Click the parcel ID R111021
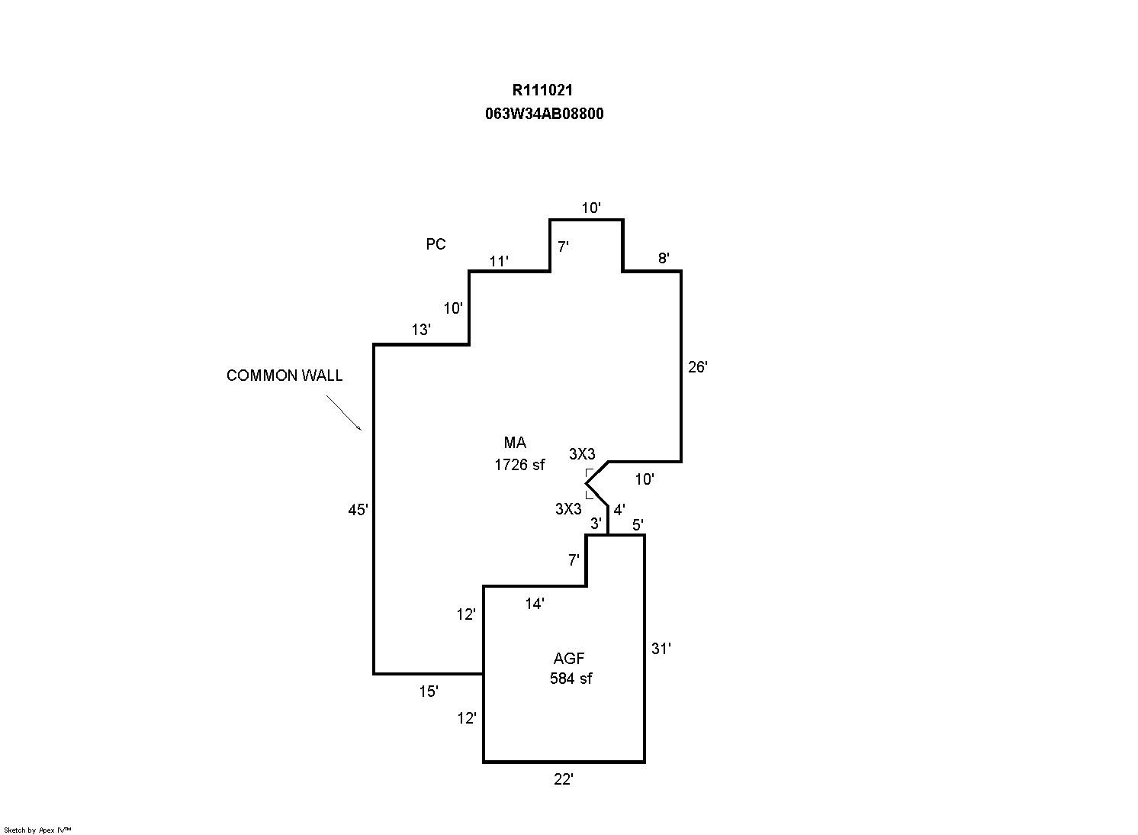[x=542, y=90]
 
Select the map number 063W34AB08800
[x=544, y=114]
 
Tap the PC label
[x=436, y=244]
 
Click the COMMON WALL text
[x=284, y=376]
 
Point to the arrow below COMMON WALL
[x=344, y=413]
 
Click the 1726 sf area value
[x=519, y=464]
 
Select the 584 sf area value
[x=571, y=678]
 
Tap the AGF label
[x=569, y=659]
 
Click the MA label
[x=515, y=443]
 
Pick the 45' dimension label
[x=358, y=511]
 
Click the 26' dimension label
[x=697, y=367]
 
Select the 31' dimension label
[x=661, y=649]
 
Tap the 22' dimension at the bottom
[x=563, y=779]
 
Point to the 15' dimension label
[x=429, y=692]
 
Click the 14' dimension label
[x=535, y=604]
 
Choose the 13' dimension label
[x=421, y=330]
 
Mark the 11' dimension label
[x=499, y=262]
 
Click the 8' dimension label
[x=664, y=258]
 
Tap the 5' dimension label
[x=638, y=524]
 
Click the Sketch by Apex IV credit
[x=37, y=830]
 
